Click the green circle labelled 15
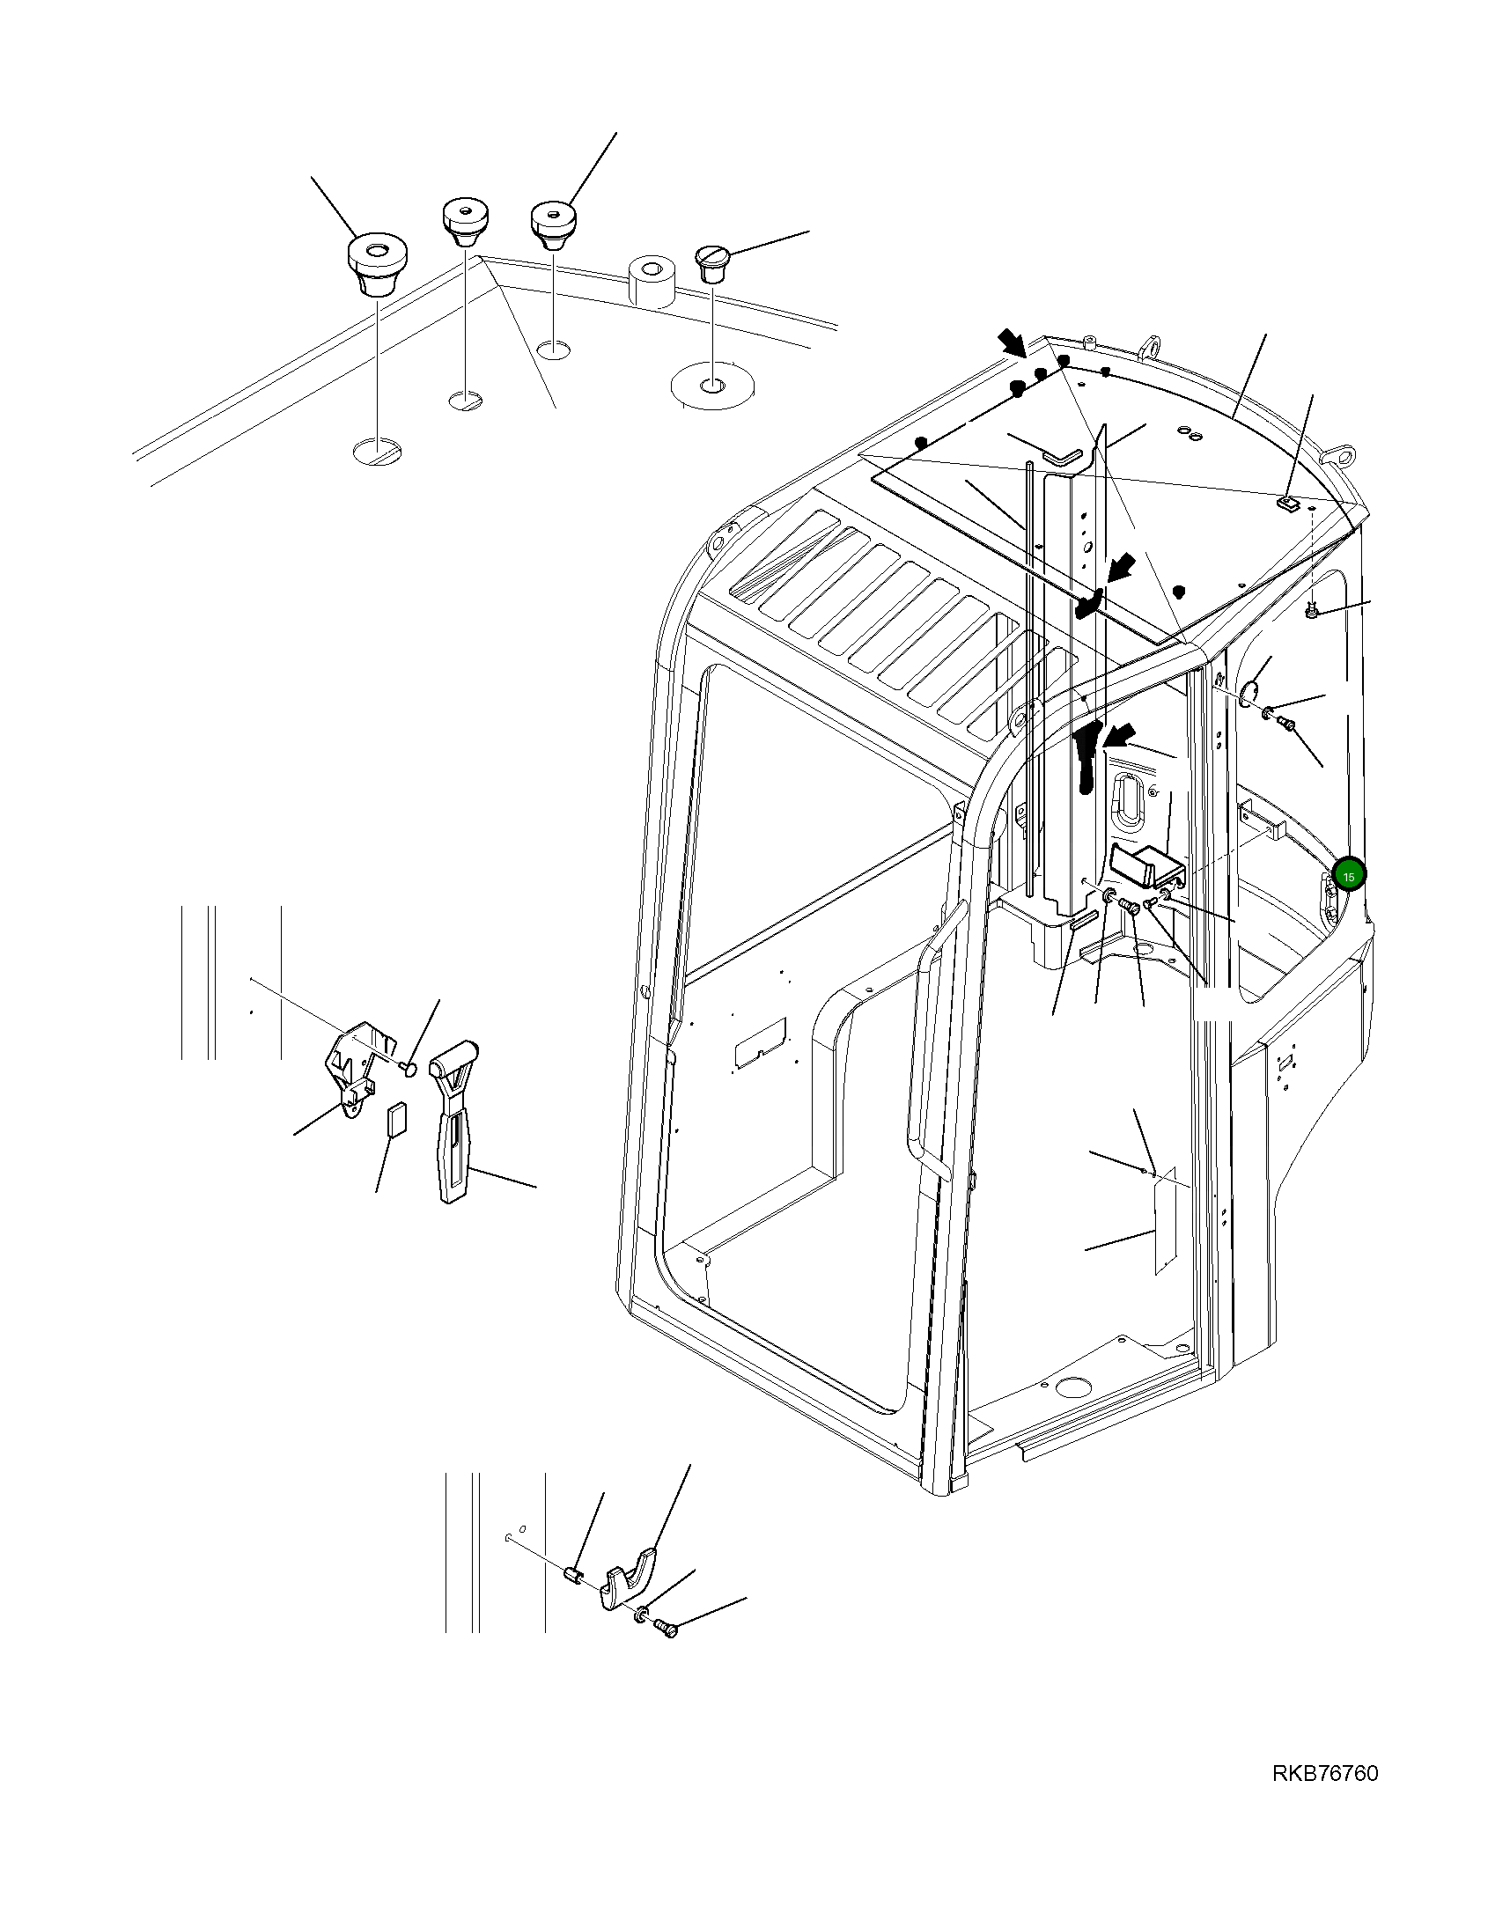pyautogui.click(x=1349, y=875)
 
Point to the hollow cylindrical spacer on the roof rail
pyautogui.click(x=651, y=282)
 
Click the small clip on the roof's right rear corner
pyautogui.click(x=1288, y=504)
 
